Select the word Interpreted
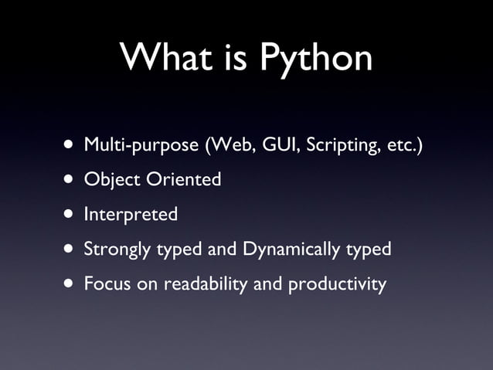(x=131, y=215)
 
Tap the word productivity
(x=337, y=284)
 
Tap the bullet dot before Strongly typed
(x=70, y=249)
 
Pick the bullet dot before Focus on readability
(x=70, y=284)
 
